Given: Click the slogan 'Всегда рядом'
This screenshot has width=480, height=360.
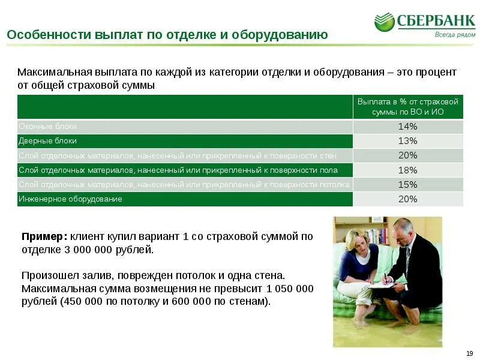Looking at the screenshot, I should [454, 35].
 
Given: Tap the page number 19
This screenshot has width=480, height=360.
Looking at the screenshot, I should [469, 352].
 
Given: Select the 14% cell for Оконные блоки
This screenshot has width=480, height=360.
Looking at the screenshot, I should [408, 127].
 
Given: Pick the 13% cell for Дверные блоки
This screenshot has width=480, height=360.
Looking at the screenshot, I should [408, 141].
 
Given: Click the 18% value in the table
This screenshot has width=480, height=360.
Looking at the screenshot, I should [408, 170].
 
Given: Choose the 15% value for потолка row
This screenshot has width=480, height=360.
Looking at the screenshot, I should [408, 184].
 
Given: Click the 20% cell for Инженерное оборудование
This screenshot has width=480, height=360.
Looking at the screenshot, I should [408, 199].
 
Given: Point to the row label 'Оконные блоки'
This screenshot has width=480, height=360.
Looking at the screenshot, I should [48, 127].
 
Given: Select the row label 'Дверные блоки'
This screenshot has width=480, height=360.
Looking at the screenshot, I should [48, 141].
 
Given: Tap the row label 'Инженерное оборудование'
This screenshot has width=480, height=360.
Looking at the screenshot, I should [71, 199].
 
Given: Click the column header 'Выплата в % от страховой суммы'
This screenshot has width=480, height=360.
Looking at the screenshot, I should [408, 107].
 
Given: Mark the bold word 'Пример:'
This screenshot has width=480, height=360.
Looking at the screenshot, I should [45, 236].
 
